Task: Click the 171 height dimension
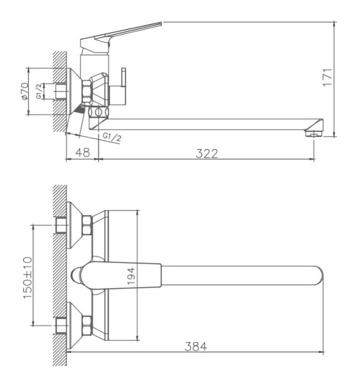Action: click(327, 77)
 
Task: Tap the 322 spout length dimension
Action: click(207, 154)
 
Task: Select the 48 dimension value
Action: click(82, 152)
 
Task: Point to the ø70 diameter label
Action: click(25, 91)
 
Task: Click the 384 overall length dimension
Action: click(196, 347)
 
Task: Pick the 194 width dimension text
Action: click(131, 276)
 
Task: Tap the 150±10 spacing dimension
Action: click(27, 278)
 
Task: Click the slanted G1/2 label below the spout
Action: click(112, 137)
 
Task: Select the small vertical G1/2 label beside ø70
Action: click(39, 91)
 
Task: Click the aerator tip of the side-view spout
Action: click(313, 133)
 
